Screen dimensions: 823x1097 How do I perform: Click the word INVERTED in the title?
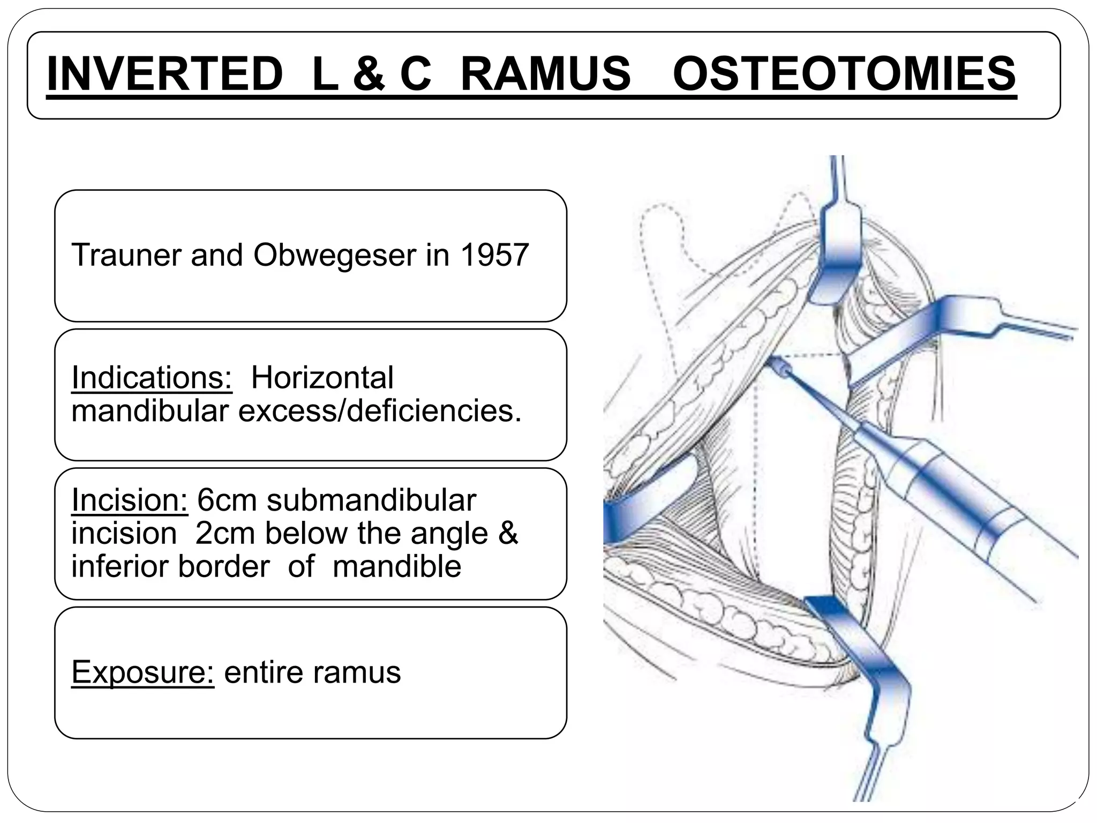[165, 74]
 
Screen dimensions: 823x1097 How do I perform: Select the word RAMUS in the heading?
[545, 74]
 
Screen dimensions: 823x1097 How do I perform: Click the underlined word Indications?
[152, 377]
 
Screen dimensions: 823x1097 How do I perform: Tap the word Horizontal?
[322, 377]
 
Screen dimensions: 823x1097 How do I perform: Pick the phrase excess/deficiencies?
[379, 411]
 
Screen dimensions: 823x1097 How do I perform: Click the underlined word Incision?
[129, 500]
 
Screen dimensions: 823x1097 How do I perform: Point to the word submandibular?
[371, 500]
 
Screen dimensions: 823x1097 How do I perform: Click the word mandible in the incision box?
[396, 566]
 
